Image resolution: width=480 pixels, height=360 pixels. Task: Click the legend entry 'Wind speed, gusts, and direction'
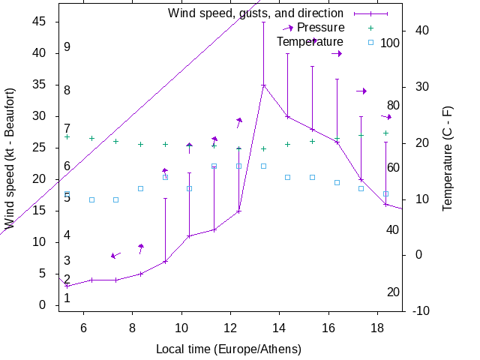pos(255,13)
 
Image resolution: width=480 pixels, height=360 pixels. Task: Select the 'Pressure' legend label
pos(321,27)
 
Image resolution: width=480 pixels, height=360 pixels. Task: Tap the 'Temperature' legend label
pos(310,41)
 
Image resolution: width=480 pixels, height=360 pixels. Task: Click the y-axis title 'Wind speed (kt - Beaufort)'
pos(10,159)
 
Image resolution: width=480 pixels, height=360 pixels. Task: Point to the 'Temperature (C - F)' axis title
pos(448,159)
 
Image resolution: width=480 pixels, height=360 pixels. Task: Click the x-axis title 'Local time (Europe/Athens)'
pos(229,349)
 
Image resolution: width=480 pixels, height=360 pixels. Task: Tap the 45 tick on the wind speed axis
pos(40,22)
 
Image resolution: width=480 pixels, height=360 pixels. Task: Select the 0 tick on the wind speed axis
pos(43,305)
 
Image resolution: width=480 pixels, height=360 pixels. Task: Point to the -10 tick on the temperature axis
pos(421,310)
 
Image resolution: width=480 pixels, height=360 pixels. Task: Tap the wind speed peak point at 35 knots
pos(263,85)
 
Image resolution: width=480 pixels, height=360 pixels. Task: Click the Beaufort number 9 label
pos(67,47)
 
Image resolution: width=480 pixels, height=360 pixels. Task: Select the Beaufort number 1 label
pos(67,298)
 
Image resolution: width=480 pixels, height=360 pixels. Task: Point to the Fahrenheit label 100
pos(390,43)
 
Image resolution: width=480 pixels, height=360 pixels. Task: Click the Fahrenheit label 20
pos(393,292)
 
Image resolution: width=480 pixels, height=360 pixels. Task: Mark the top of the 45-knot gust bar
pos(263,22)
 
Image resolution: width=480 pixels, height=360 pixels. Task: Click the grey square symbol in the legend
pos(370,42)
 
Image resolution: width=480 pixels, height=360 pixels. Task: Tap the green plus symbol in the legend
pos(370,28)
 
